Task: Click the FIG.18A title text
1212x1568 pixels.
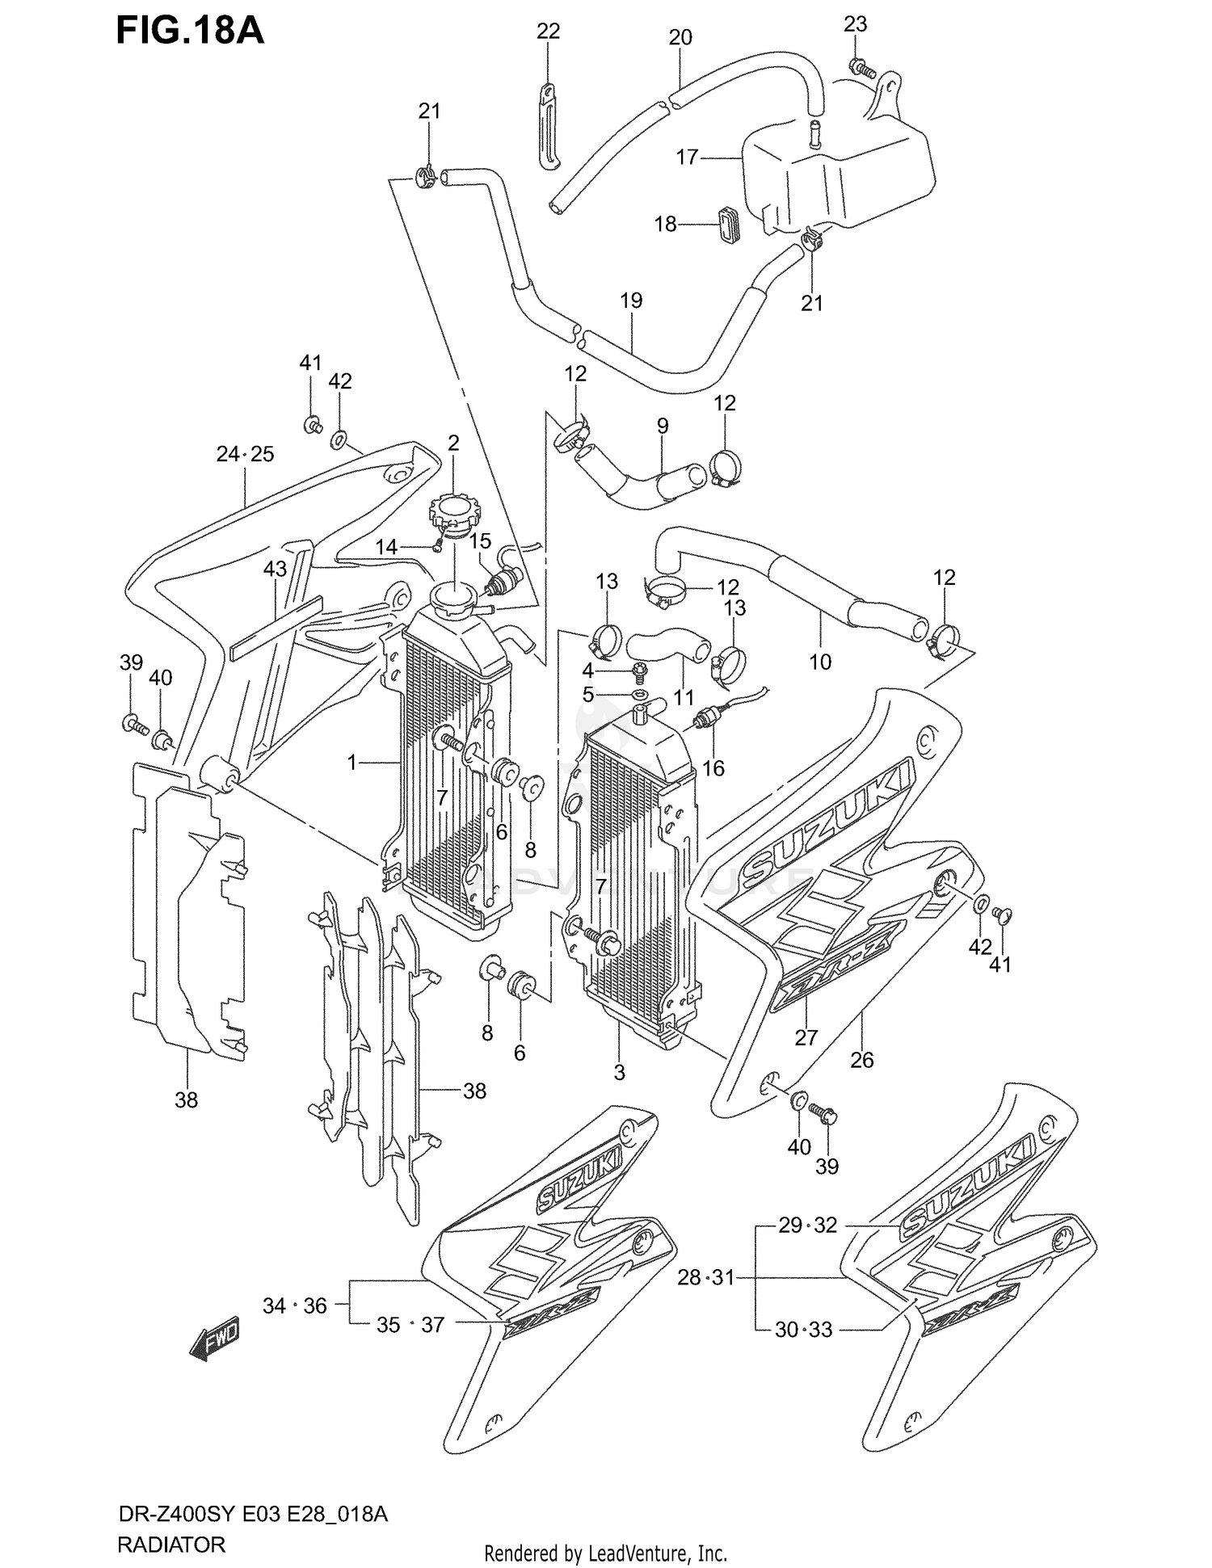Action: [191, 30]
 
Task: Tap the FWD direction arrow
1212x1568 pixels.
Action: [214, 1341]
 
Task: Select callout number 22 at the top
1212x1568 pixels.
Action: [548, 32]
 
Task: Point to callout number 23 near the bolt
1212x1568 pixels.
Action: [855, 24]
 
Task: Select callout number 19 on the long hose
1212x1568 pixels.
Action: [631, 301]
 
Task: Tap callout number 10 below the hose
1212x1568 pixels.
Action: [820, 662]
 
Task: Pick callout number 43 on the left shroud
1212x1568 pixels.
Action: [275, 569]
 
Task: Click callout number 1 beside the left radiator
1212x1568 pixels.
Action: [351, 762]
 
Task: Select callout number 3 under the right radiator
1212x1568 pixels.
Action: [619, 1073]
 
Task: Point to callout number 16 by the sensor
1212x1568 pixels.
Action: [713, 767]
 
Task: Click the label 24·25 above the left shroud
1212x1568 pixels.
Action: [245, 454]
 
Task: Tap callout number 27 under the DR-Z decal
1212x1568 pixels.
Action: [806, 1037]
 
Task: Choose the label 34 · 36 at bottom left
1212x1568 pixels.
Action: [294, 1305]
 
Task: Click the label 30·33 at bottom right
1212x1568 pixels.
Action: [803, 1330]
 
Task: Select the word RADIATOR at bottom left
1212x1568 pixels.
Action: [171, 1545]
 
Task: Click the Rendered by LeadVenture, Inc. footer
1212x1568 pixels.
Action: [605, 1553]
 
